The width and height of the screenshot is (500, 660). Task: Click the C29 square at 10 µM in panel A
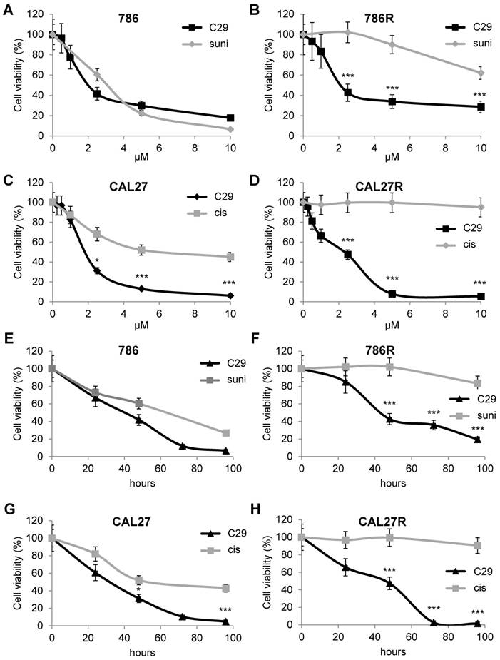(230, 118)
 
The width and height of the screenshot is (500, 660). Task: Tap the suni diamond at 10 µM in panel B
(481, 73)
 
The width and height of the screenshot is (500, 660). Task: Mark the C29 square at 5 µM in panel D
(392, 293)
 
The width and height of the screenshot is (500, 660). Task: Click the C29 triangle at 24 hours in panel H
(345, 569)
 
